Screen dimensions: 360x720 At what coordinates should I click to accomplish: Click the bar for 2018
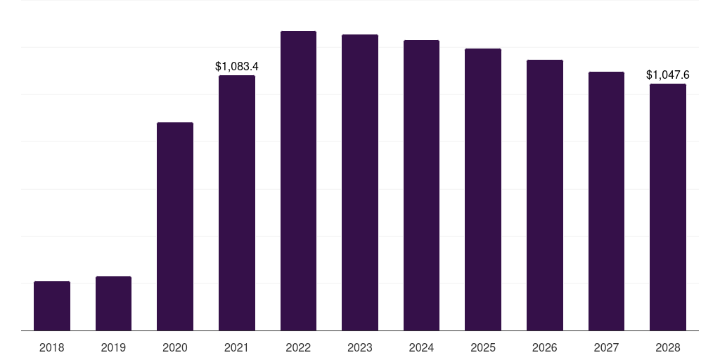pyautogui.click(x=52, y=306)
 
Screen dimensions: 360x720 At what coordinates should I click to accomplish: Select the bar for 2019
pyautogui.click(x=113, y=303)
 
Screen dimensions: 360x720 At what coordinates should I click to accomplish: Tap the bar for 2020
pyautogui.click(x=175, y=226)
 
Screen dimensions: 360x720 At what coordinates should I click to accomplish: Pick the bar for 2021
pyautogui.click(x=237, y=202)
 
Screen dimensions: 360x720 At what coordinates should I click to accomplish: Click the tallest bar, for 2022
pyautogui.click(x=298, y=181)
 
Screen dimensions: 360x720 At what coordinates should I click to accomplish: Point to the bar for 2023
pyautogui.click(x=360, y=182)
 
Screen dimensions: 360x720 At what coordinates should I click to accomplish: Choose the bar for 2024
pyautogui.click(x=421, y=185)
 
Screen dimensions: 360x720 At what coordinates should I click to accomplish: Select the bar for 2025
pyautogui.click(x=483, y=189)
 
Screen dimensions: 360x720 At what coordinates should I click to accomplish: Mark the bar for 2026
pyautogui.click(x=545, y=195)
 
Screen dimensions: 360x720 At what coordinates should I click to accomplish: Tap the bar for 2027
pyautogui.click(x=606, y=201)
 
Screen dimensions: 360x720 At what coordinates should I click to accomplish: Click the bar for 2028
pyautogui.click(x=668, y=207)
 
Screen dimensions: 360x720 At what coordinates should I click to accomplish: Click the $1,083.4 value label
pyautogui.click(x=237, y=67)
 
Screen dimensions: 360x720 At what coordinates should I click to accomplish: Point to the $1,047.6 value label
pyautogui.click(x=668, y=75)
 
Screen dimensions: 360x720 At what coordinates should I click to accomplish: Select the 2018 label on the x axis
pyautogui.click(x=52, y=347)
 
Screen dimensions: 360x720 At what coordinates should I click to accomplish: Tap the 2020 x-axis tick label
pyautogui.click(x=175, y=347)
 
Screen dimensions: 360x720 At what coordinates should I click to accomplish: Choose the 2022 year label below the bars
pyautogui.click(x=298, y=347)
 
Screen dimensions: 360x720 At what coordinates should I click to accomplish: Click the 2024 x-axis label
pyautogui.click(x=421, y=347)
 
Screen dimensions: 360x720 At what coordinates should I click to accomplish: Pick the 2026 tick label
pyautogui.click(x=545, y=347)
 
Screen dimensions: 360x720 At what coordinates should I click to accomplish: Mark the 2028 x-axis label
pyautogui.click(x=668, y=347)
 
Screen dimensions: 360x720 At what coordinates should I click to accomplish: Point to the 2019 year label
pyautogui.click(x=113, y=347)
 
